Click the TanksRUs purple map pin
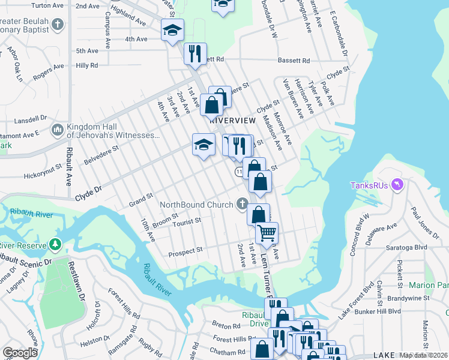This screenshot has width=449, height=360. pos(396,185)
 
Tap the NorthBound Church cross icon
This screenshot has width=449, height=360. pos(243,205)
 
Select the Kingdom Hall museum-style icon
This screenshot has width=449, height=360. pos(58,130)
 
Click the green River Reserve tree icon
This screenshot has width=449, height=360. pos(55,245)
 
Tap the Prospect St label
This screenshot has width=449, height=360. pos(185,253)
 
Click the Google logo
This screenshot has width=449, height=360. pos(20,353)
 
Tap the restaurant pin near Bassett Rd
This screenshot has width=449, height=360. pos(194,53)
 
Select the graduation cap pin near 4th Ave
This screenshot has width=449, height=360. pos(172,30)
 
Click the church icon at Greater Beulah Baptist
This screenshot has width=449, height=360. pos(58,25)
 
